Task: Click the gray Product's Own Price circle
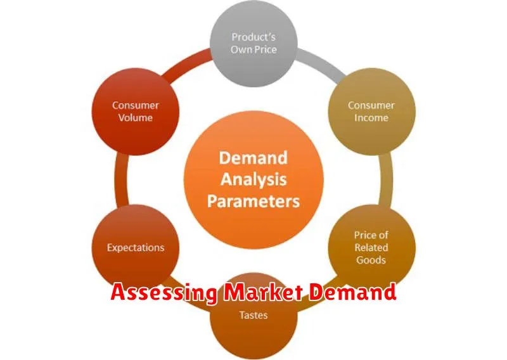[253, 43]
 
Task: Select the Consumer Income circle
[371, 112]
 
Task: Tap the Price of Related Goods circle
[371, 248]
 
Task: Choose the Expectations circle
[136, 248]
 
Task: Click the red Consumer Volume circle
[136, 112]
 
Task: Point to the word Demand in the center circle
[253, 158]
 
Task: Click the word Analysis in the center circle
[253, 179]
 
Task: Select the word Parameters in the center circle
[253, 201]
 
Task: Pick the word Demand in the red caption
[352, 292]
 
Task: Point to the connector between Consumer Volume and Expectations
[121, 180]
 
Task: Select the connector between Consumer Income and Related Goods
[386, 180]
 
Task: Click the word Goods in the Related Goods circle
[371, 260]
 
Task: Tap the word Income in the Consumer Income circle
[371, 118]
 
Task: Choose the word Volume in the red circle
[135, 118]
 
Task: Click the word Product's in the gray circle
[253, 37]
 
